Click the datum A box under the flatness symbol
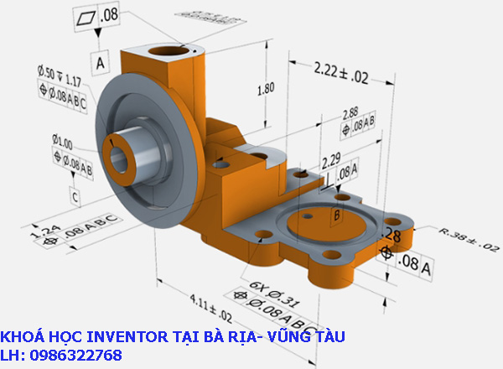tap(101, 62)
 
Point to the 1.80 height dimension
tap(265, 88)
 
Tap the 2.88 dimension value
tap(350, 112)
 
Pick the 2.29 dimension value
tap(329, 158)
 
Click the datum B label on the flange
tap(337, 216)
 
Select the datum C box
tap(75, 197)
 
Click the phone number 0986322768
tap(75, 356)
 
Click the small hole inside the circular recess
tap(309, 216)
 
